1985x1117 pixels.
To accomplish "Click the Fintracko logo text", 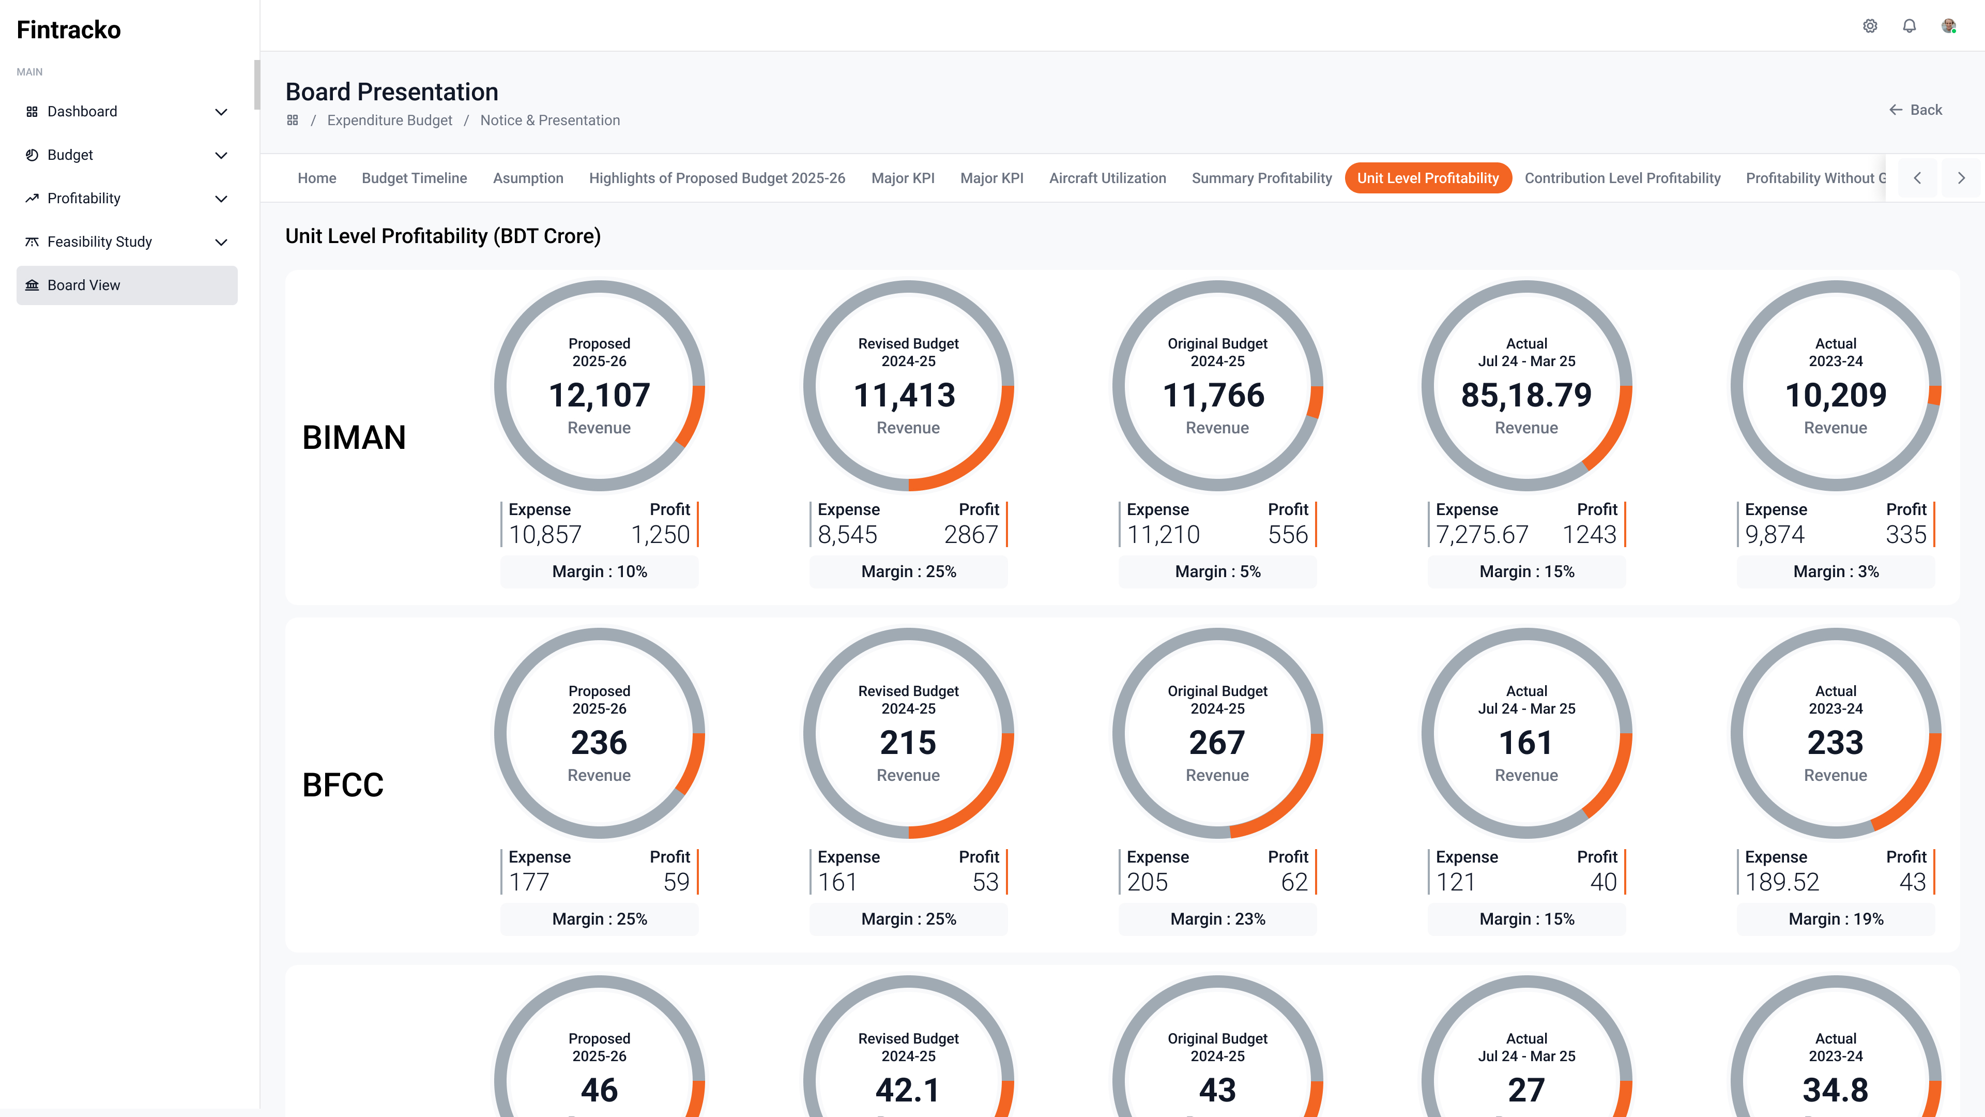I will pos(69,29).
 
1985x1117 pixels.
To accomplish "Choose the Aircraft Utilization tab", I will pos(1107,178).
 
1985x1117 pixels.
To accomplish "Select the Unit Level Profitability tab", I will pos(1428,178).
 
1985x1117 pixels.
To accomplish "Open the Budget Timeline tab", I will pos(414,178).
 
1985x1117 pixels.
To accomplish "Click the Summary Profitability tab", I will pos(1261,178).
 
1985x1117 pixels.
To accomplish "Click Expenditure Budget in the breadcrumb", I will pos(389,120).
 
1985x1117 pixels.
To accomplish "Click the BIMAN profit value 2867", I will pos(971,534).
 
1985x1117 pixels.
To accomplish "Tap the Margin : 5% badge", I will pos(1217,572).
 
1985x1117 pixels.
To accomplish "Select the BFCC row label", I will pos(343,785).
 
